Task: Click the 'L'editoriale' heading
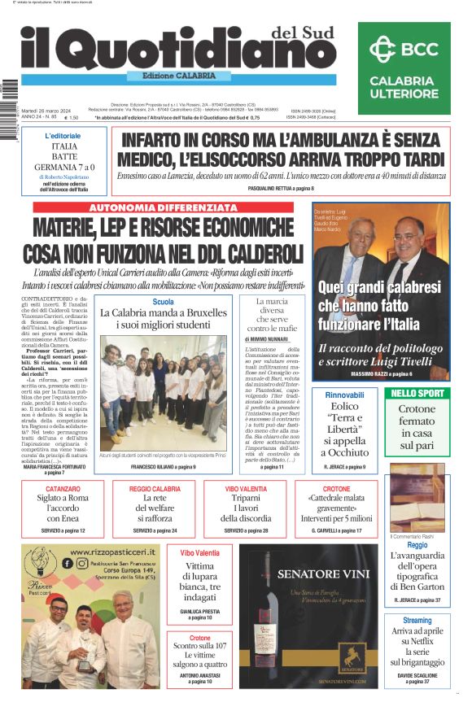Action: click(x=63, y=136)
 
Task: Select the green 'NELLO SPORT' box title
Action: click(x=417, y=393)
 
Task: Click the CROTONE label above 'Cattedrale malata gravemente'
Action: click(x=336, y=489)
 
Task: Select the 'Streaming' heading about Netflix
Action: click(x=417, y=621)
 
